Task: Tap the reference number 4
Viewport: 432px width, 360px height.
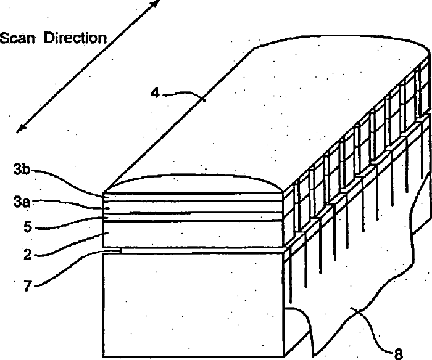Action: pyautogui.click(x=156, y=94)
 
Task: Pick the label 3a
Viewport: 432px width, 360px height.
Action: pyautogui.click(x=20, y=201)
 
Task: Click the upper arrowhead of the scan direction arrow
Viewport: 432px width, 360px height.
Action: pyautogui.click(x=154, y=3)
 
